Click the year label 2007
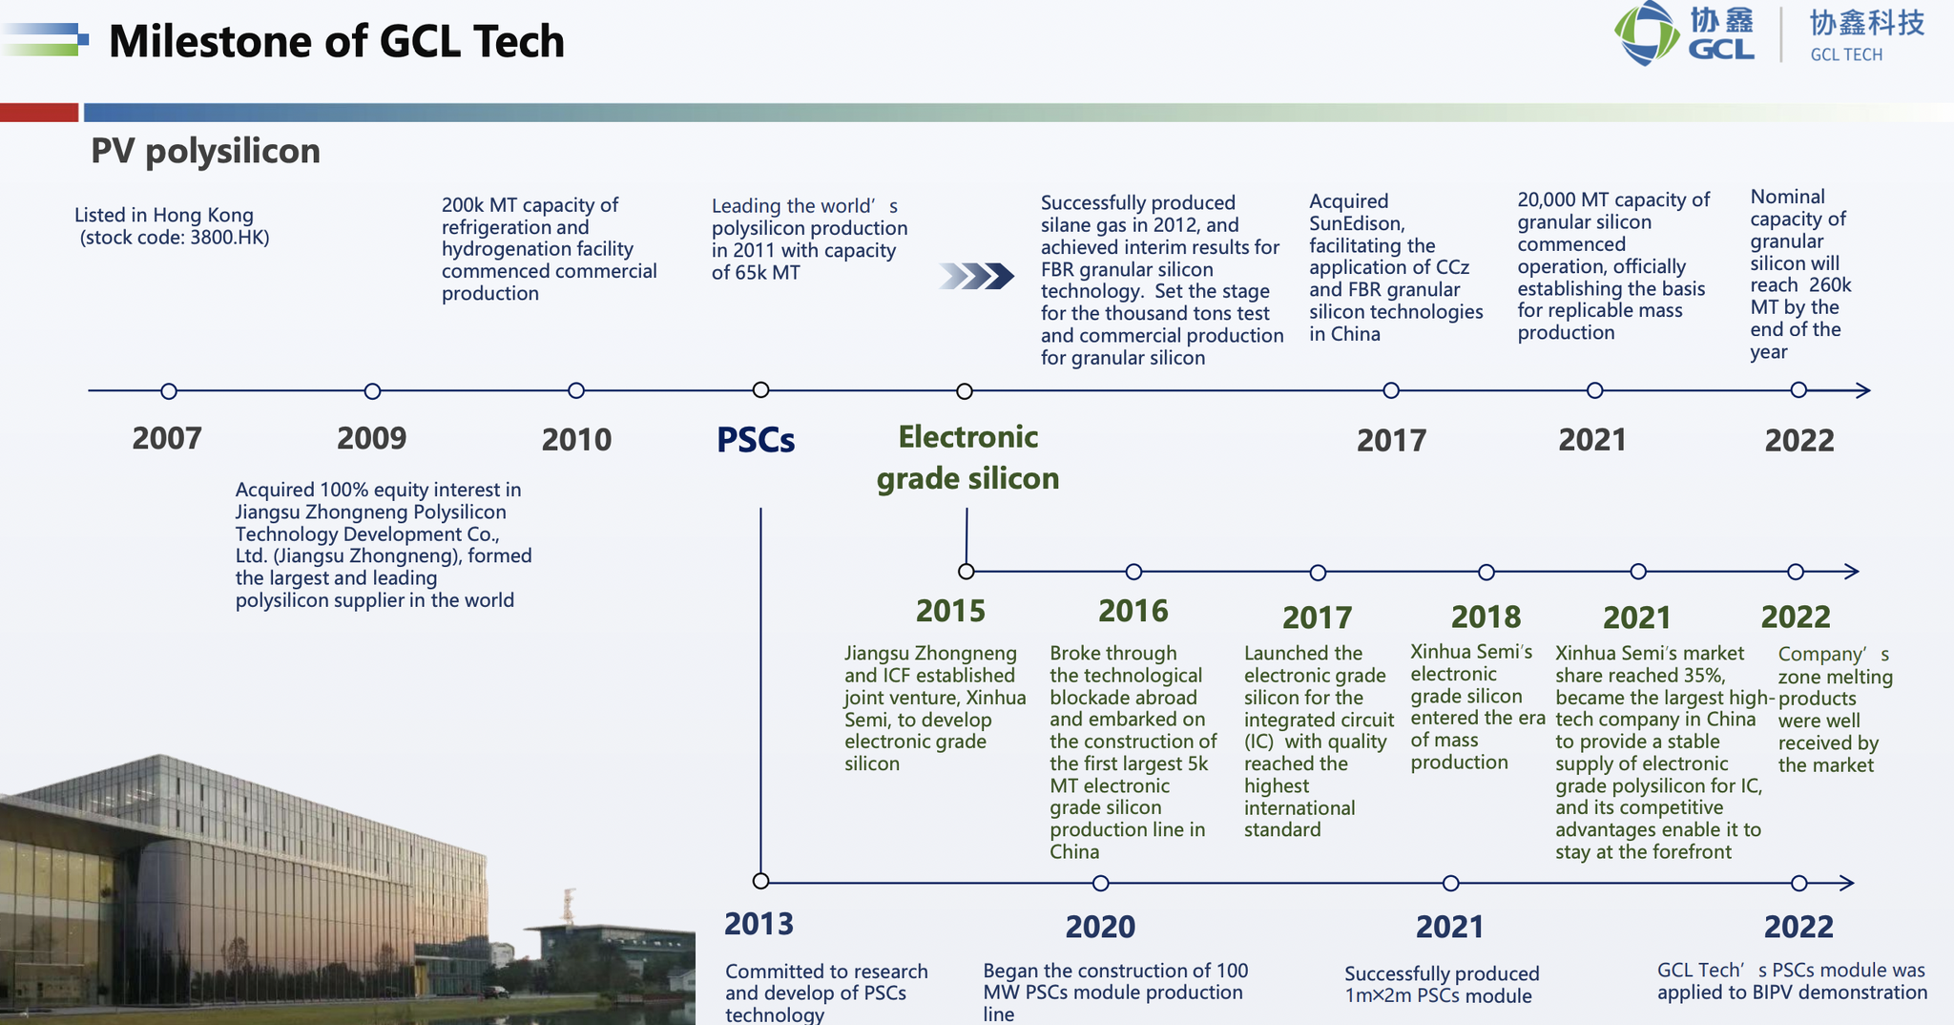(x=167, y=438)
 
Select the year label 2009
(x=371, y=438)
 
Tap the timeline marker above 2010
(x=576, y=390)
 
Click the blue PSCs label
(x=756, y=440)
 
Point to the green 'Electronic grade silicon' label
(x=967, y=457)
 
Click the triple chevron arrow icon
(x=976, y=277)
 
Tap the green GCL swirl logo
(x=1647, y=33)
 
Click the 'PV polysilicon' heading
(x=205, y=151)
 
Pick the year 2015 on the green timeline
(x=950, y=611)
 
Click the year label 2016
(x=1133, y=611)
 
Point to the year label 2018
(x=1486, y=617)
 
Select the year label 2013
(x=759, y=924)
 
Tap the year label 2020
(x=1100, y=927)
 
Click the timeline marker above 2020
(x=1100, y=883)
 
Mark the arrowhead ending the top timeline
(x=1862, y=390)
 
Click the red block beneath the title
(x=39, y=112)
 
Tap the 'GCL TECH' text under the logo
(x=1846, y=55)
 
